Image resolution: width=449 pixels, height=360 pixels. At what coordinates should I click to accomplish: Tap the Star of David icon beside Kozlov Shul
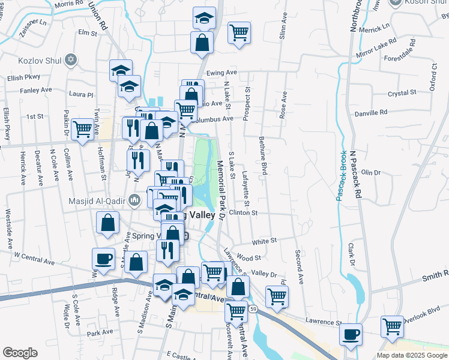(71, 61)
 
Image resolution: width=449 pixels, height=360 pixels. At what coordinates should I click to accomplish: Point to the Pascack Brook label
(340, 176)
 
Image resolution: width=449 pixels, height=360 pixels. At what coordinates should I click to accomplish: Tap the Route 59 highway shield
(254, 308)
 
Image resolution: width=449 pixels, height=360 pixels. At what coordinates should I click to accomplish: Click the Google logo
(20, 353)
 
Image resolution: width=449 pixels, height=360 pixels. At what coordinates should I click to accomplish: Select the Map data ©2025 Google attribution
(412, 355)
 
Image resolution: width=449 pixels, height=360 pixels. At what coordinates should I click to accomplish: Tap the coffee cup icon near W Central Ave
(103, 259)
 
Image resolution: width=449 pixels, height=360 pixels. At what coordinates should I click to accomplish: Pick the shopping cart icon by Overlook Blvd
(392, 327)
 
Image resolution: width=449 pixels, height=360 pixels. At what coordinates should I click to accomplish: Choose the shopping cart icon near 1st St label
(82, 128)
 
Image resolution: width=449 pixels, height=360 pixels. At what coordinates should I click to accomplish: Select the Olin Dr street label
(371, 173)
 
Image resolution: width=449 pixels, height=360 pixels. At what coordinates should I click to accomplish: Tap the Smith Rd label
(435, 278)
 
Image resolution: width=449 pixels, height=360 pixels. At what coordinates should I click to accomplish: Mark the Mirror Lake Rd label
(376, 49)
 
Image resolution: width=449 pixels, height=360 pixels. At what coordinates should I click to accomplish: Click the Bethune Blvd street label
(262, 155)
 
